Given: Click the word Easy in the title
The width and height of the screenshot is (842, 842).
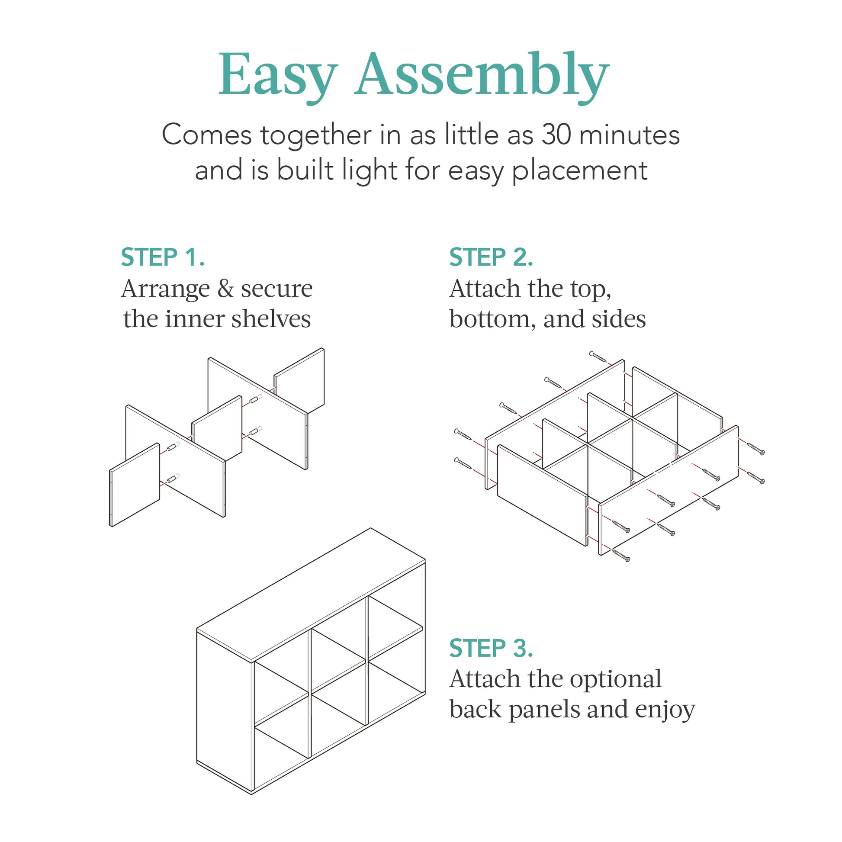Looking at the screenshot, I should click(278, 75).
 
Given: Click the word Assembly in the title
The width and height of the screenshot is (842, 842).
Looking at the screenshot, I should click(481, 75).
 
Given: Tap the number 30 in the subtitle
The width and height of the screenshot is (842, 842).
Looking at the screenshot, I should click(556, 135).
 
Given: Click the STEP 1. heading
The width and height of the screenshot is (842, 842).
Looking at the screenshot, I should click(163, 257).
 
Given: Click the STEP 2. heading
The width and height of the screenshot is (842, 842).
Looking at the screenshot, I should click(491, 257).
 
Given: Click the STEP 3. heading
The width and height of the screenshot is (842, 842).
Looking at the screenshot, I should click(491, 648).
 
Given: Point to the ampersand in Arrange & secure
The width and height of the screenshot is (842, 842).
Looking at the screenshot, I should click(225, 289).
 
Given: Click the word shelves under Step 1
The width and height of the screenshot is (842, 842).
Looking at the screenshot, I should click(271, 319).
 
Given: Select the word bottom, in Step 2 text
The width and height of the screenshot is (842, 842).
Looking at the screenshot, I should click(492, 319).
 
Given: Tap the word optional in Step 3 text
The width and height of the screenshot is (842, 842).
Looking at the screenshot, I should click(615, 679).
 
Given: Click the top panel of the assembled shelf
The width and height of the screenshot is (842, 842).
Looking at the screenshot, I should click(310, 595).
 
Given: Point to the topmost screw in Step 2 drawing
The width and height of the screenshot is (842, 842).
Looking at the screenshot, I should click(598, 357).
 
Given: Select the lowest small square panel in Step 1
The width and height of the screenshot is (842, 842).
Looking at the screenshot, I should click(135, 485).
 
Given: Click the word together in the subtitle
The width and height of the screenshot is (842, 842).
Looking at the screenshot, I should click(315, 135).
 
